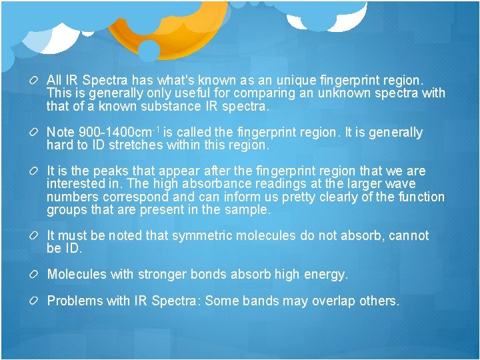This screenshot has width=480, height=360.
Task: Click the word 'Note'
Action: (61, 133)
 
